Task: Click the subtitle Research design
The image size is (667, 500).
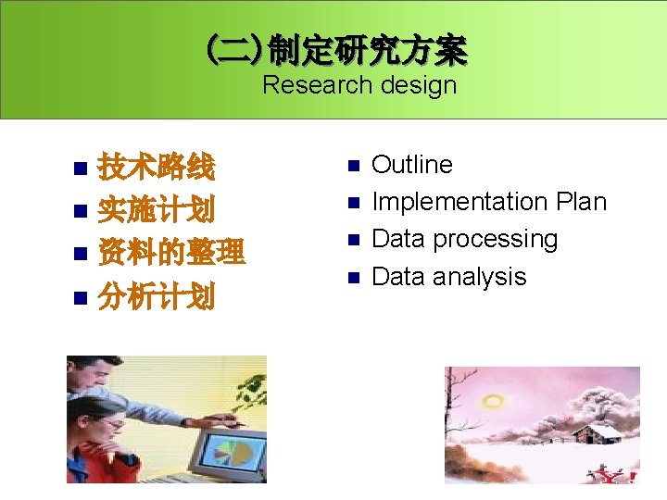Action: pos(359,85)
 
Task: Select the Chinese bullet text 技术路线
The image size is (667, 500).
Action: pos(157,168)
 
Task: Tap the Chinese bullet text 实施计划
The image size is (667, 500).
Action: pos(157,210)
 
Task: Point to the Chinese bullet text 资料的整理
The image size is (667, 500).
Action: pos(171,252)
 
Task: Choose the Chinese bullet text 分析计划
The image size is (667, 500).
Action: pos(157,296)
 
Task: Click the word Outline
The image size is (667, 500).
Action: pos(411,165)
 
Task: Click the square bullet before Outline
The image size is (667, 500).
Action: pos(352,167)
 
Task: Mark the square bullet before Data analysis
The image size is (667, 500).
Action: pos(352,278)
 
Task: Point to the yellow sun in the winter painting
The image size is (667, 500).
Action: pos(493,401)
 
